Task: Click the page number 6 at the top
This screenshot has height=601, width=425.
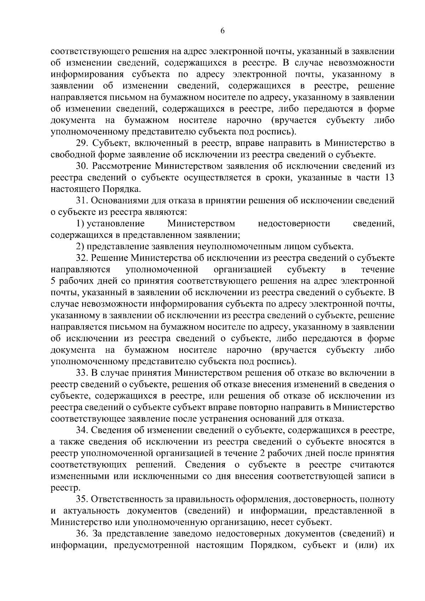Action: tap(222, 31)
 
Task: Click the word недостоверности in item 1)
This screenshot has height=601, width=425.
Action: tap(294, 224)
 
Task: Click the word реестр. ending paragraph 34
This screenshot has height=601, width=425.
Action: tap(61, 488)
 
